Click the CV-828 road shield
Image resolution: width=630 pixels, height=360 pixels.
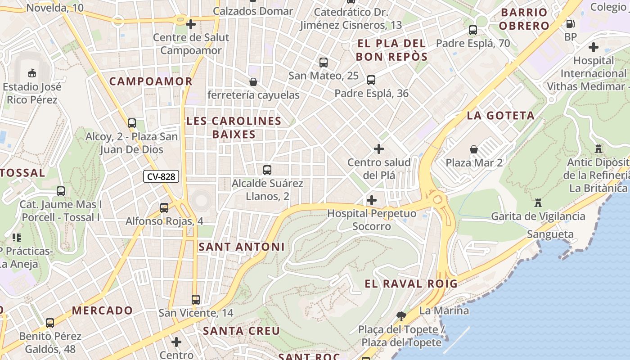click(x=161, y=177)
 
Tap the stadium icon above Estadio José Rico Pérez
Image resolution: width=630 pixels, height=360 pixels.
click(x=32, y=73)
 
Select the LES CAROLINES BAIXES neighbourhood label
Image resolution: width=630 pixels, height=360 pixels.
click(x=234, y=127)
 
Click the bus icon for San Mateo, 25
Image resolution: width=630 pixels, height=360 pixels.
click(x=323, y=63)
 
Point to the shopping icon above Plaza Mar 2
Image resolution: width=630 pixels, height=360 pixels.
click(x=473, y=149)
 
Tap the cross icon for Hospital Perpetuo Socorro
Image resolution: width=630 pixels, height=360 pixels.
click(x=372, y=200)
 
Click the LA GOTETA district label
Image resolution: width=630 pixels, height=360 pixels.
click(x=500, y=116)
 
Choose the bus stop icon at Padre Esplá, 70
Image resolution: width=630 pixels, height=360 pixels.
click(x=473, y=30)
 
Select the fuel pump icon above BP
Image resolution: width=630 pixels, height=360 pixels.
click(x=570, y=24)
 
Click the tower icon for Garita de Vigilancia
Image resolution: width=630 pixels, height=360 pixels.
click(x=538, y=203)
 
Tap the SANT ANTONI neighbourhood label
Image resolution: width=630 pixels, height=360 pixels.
click(x=242, y=247)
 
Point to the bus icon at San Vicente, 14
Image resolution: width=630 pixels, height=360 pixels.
click(x=195, y=299)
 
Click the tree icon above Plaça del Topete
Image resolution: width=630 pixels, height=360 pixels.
click(x=401, y=316)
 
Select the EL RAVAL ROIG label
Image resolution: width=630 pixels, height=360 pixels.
click(x=411, y=283)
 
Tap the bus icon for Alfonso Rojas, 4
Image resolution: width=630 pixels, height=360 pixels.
click(x=164, y=207)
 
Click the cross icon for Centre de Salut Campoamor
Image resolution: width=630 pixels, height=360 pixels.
click(x=191, y=24)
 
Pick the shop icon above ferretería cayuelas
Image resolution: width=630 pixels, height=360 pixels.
click(x=253, y=82)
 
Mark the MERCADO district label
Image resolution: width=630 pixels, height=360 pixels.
click(x=102, y=310)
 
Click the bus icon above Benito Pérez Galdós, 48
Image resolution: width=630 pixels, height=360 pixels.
click(x=50, y=323)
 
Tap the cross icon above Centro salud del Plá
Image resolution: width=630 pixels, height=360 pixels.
click(x=379, y=149)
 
